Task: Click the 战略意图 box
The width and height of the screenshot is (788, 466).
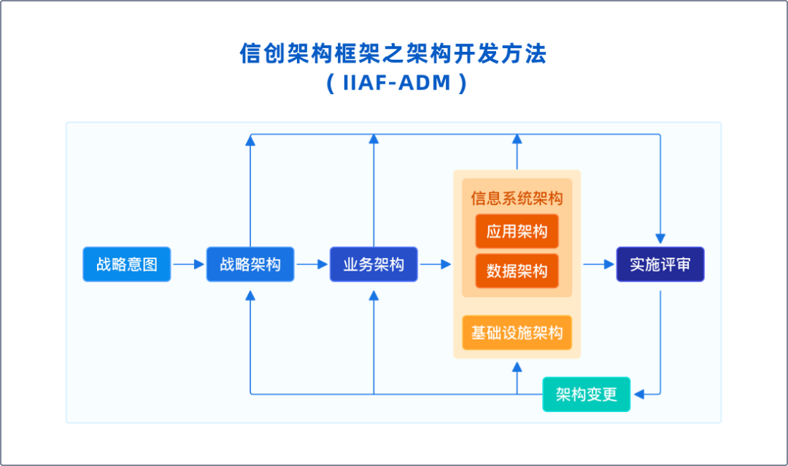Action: [126, 264]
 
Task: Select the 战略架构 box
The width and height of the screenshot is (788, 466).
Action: [250, 264]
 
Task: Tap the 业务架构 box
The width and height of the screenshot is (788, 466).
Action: [374, 264]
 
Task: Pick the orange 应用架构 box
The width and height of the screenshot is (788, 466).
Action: [517, 232]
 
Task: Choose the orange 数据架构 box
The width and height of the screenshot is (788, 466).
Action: [517, 271]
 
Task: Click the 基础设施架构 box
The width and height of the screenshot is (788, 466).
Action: [517, 333]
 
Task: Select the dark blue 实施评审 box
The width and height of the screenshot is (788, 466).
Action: [660, 264]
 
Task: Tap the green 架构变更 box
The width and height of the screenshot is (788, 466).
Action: [586, 395]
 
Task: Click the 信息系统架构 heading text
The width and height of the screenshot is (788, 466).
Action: [517, 199]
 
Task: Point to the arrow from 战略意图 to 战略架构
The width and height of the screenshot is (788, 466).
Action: [188, 265]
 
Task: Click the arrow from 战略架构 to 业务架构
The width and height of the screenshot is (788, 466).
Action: [312, 265]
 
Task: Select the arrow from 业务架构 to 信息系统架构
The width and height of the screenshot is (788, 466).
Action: [436, 265]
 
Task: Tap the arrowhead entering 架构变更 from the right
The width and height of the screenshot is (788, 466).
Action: [638, 395]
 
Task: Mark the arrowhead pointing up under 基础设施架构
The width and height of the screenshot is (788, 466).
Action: [517, 365]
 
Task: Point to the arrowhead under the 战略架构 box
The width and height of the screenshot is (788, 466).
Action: [250, 295]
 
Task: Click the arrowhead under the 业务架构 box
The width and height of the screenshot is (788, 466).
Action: [374, 295]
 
